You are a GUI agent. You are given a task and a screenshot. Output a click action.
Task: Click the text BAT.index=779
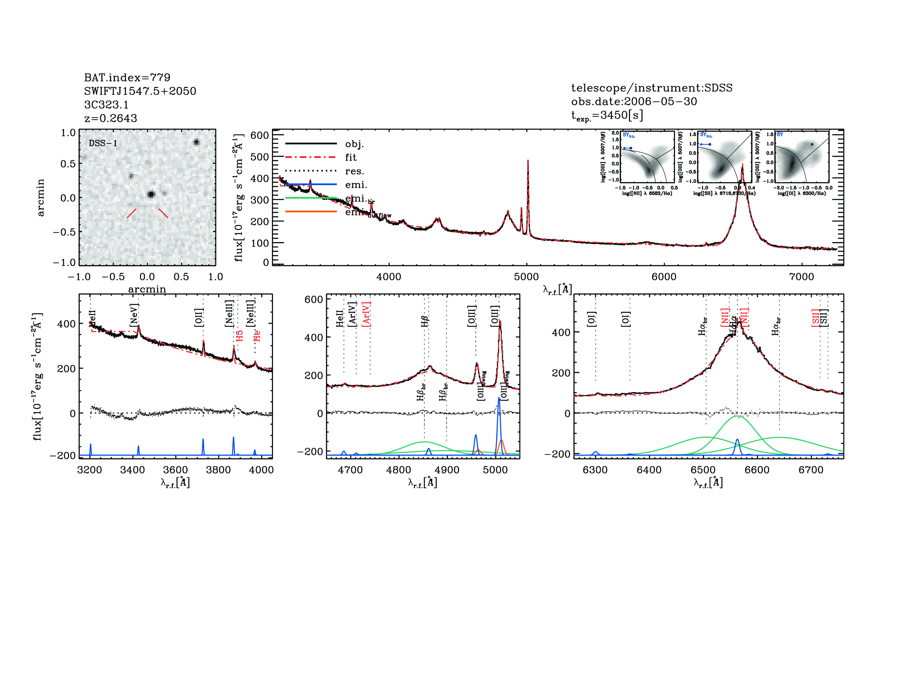click(127, 77)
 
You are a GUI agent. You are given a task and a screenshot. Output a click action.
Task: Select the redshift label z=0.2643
click(110, 118)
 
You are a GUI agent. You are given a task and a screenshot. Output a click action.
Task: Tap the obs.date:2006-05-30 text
click(634, 101)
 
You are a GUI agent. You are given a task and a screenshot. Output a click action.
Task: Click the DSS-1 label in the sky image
click(103, 143)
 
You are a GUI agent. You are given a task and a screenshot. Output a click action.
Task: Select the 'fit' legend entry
click(351, 157)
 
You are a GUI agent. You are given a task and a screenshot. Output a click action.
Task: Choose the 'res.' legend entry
click(354, 171)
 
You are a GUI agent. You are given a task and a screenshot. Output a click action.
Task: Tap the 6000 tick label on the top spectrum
click(664, 277)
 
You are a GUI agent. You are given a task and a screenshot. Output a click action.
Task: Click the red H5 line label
click(239, 336)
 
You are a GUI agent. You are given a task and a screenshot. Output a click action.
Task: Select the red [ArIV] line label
click(366, 314)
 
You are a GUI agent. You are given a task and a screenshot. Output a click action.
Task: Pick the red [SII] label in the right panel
click(815, 318)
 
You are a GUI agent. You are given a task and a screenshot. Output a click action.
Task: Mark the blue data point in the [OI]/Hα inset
click(812, 144)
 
